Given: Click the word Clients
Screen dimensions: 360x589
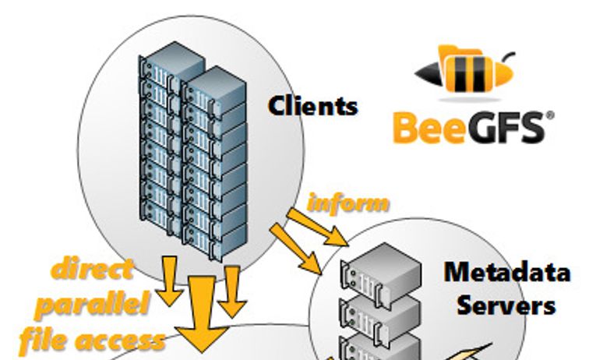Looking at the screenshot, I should (313, 105).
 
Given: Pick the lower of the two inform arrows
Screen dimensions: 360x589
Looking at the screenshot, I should (297, 248).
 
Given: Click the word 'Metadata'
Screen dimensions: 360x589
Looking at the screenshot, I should (507, 274).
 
